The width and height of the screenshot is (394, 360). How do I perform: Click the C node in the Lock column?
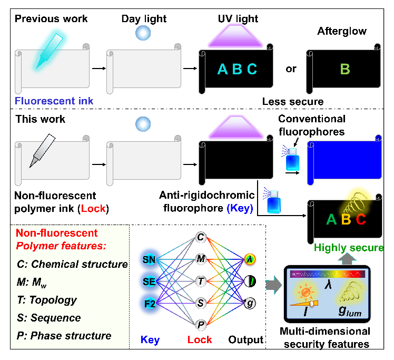coord(200,238)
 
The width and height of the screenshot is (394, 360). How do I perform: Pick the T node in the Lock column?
coord(200,281)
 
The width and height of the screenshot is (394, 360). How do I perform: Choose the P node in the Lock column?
coord(200,325)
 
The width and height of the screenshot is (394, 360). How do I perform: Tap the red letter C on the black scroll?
coord(360,219)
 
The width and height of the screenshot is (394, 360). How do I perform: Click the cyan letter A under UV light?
coord(223,69)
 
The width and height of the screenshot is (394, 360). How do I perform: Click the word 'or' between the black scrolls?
coord(290,69)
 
